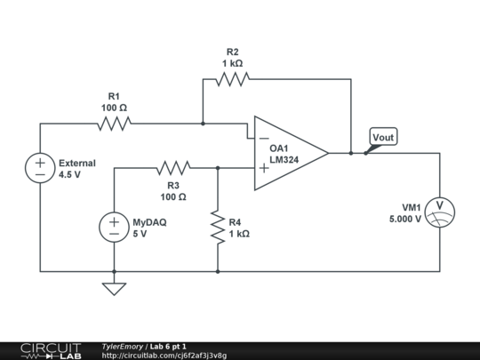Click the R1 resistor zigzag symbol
tap(114, 124)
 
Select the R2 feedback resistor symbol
tap(232, 80)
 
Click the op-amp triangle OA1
tap(289, 153)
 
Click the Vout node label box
tap(383, 137)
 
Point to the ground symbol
tap(114, 288)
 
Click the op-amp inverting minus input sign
tap(263, 139)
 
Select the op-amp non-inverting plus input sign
tap(263, 167)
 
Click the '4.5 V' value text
tap(69, 175)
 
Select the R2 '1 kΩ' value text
tap(232, 64)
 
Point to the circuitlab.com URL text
tap(164, 356)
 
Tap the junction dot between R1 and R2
tap(203, 124)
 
